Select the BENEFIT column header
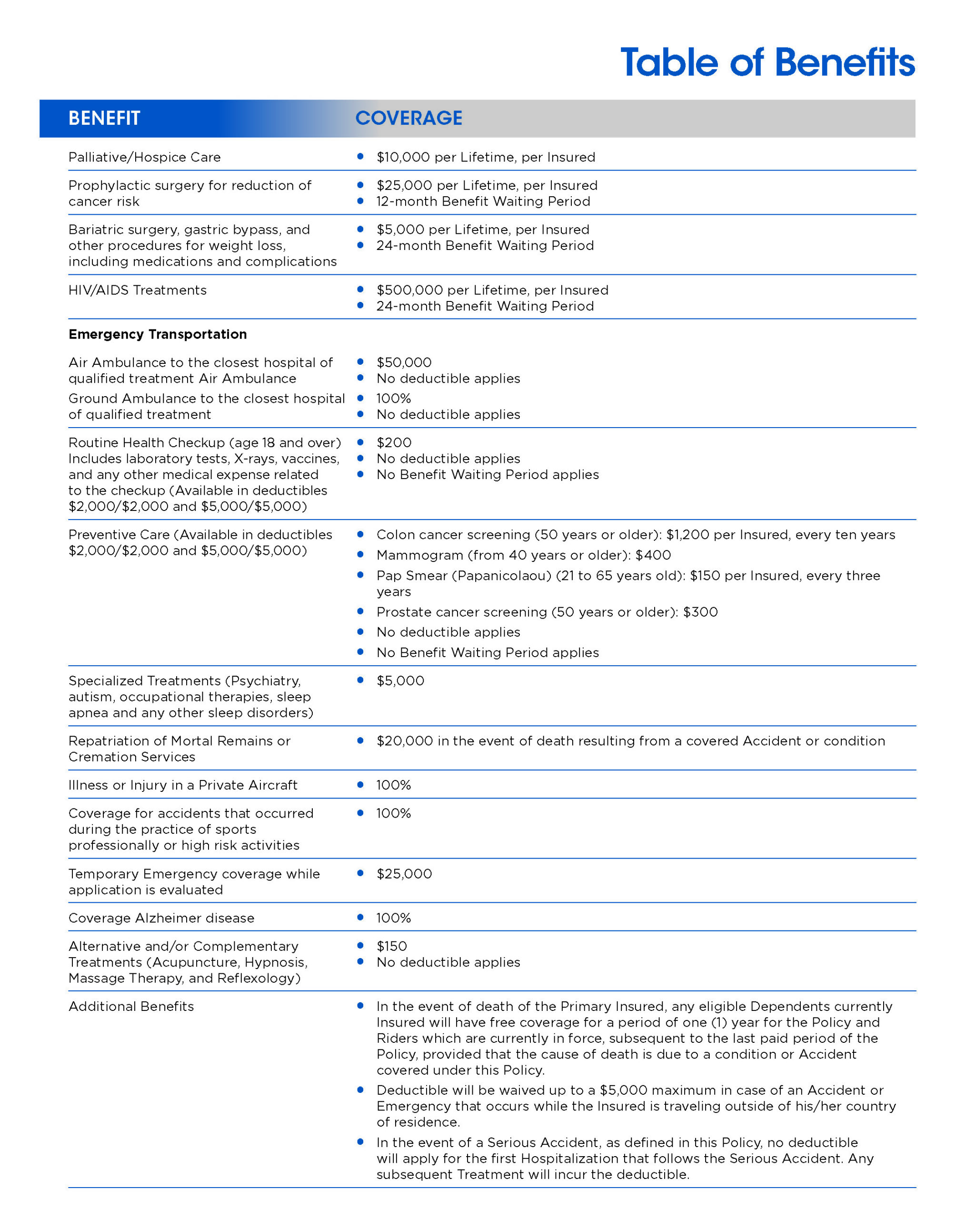(104, 118)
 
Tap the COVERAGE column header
(408, 118)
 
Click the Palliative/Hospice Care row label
(144, 157)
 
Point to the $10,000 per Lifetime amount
(403, 157)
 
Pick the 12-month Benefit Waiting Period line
(483, 201)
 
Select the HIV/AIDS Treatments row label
(137, 290)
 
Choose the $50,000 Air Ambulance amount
(404, 363)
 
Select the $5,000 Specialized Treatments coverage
(400, 680)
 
